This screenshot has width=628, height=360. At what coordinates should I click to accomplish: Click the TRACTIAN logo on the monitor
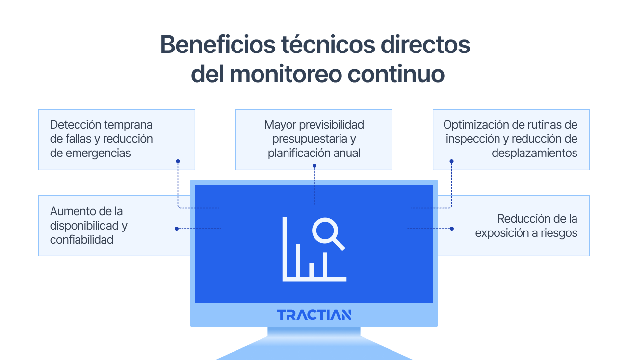[314, 315]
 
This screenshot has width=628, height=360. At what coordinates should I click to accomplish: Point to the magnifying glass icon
[327, 233]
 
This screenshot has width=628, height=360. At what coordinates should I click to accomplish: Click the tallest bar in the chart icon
[285, 248]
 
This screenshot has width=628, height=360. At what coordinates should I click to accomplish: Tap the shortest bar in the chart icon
[311, 270]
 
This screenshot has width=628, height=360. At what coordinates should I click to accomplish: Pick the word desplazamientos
[534, 153]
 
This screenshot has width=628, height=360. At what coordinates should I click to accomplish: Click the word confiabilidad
[81, 240]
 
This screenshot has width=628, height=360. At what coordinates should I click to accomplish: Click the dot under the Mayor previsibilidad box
[314, 166]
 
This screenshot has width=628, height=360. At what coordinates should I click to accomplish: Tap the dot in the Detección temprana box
[178, 161]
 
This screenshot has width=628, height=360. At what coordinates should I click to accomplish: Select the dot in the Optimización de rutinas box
[451, 161]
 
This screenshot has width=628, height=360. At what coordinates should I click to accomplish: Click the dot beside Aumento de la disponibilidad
[177, 229]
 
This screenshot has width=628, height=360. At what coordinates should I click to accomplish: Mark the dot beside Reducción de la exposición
[451, 229]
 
